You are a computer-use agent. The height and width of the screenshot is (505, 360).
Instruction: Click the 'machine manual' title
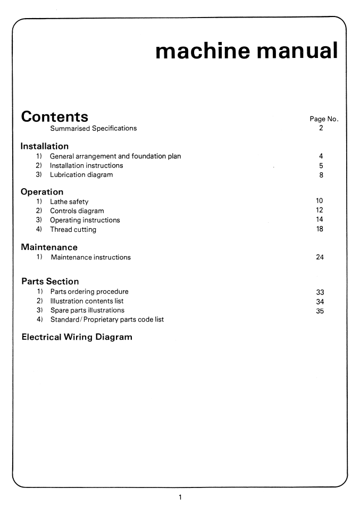246,50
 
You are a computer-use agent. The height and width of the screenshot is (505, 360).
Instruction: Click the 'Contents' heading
54,116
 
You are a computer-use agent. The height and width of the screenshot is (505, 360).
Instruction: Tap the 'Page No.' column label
323,119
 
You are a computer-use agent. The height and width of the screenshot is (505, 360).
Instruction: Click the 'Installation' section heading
45,146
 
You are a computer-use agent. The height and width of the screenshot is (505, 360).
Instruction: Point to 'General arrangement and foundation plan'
115,156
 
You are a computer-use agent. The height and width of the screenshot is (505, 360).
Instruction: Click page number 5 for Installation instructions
321,165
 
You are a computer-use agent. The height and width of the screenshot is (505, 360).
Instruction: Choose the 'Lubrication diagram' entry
81,175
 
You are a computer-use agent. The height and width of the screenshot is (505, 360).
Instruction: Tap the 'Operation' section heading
42,191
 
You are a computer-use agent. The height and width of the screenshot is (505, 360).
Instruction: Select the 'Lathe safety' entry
69,201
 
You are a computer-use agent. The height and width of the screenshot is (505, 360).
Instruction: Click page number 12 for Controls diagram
320,211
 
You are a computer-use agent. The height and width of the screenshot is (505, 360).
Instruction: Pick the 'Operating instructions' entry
85,220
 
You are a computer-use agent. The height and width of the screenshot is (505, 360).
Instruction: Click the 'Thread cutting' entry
73,230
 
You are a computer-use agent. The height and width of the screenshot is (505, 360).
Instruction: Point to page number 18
320,229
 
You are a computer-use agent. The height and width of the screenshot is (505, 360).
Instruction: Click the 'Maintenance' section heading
49,247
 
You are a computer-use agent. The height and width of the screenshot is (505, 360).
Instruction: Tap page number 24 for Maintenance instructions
320,257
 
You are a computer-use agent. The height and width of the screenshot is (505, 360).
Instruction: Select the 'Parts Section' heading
50,281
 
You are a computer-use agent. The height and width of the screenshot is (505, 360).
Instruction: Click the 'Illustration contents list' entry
87,301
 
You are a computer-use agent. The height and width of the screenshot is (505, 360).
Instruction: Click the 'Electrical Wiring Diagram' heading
77,337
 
